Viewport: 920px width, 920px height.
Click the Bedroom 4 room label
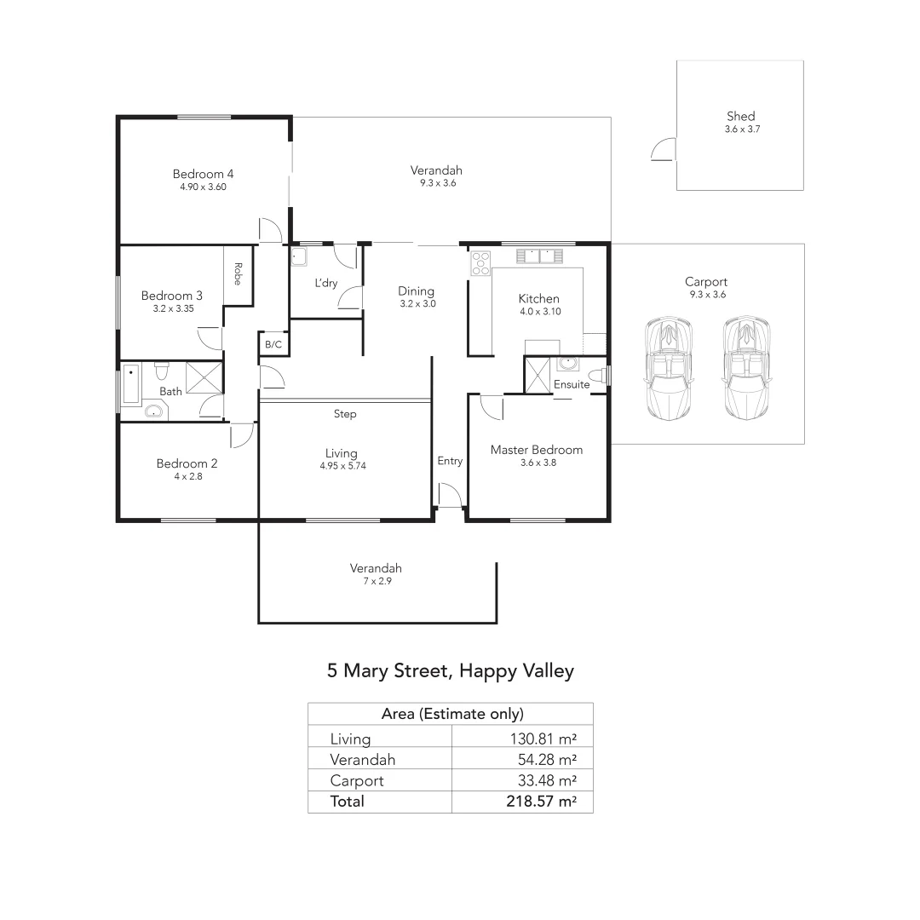click(203, 174)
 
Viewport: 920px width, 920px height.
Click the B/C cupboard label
click(273, 345)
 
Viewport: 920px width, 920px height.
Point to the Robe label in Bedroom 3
click(239, 273)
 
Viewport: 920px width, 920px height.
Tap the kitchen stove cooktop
click(480, 262)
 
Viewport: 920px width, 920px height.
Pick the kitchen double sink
click(538, 255)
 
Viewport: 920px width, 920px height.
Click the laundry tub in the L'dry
click(299, 257)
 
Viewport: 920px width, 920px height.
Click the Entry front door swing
click(448, 495)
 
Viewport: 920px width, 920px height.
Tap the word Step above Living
click(345, 414)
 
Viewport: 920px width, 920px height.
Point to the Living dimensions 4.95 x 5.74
click(341, 466)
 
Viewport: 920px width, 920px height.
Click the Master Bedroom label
click(537, 450)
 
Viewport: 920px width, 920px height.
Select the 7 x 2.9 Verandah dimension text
click(376, 581)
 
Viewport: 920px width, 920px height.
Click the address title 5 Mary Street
click(450, 670)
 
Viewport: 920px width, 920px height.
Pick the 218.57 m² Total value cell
click(538, 802)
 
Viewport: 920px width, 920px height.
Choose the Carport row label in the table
click(357, 780)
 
